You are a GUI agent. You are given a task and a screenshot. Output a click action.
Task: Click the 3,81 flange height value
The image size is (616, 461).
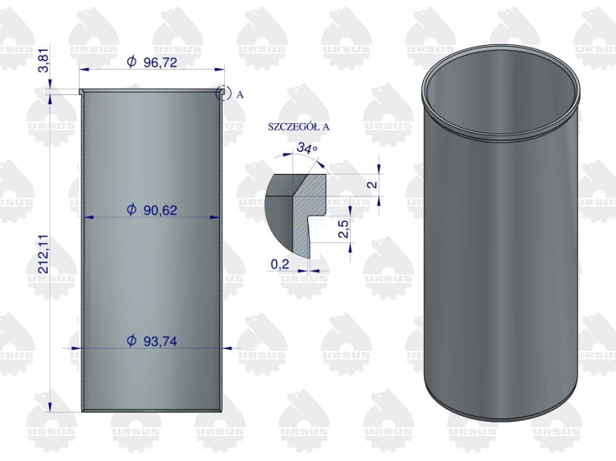44,61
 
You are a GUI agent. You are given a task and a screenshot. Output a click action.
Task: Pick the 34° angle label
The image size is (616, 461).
307,148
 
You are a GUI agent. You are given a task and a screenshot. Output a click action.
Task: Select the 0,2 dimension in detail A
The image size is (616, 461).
280,264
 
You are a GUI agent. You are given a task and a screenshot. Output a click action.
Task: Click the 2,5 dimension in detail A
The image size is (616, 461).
343,228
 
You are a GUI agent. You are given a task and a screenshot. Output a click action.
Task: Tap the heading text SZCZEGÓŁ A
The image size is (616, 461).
299,126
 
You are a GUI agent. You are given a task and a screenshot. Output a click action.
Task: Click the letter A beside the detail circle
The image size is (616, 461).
240,94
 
